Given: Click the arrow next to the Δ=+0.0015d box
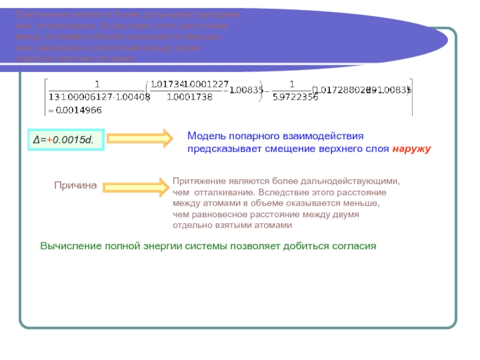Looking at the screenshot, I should click(x=137, y=140).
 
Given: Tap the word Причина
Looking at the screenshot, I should click(x=76, y=186).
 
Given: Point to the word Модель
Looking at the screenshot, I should click(x=205, y=136).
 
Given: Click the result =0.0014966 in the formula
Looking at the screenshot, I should click(x=74, y=110).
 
